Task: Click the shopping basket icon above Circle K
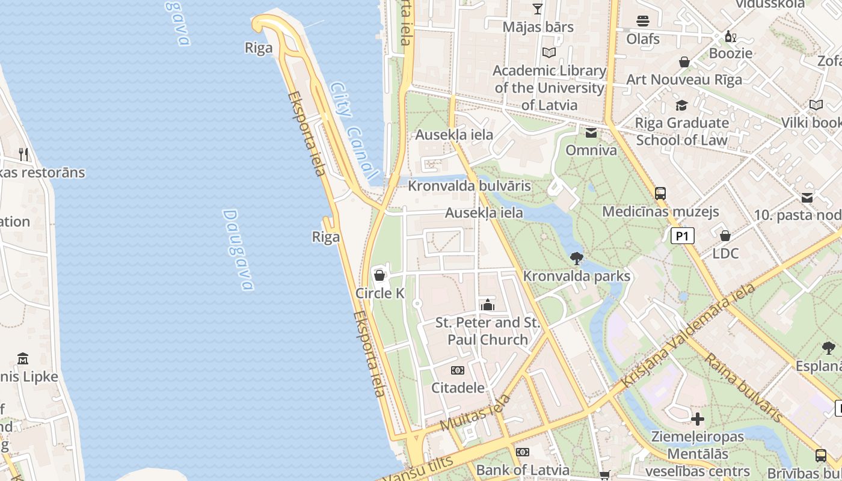[380, 275]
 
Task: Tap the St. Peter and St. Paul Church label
[488, 331]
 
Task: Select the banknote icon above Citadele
[458, 370]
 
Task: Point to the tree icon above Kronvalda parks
[576, 259]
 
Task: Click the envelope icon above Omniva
[591, 133]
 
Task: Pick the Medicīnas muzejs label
[660, 212]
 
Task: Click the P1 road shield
[683, 236]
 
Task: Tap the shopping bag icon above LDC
[725, 236]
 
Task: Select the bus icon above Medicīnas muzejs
[660, 194]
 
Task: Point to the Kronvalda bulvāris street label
[469, 186]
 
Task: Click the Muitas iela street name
[475, 412]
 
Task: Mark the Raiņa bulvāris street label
[743, 388]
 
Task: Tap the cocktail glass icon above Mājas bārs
[538, 9]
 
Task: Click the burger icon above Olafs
[643, 21]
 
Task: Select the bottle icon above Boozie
[731, 36]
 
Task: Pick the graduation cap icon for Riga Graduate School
[681, 106]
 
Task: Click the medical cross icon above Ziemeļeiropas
[698, 418]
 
